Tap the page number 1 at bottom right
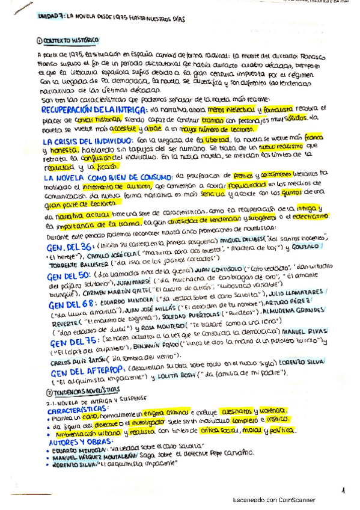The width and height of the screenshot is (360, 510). coord(343,491)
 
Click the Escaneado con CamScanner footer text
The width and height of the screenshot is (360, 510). coord(273,499)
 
